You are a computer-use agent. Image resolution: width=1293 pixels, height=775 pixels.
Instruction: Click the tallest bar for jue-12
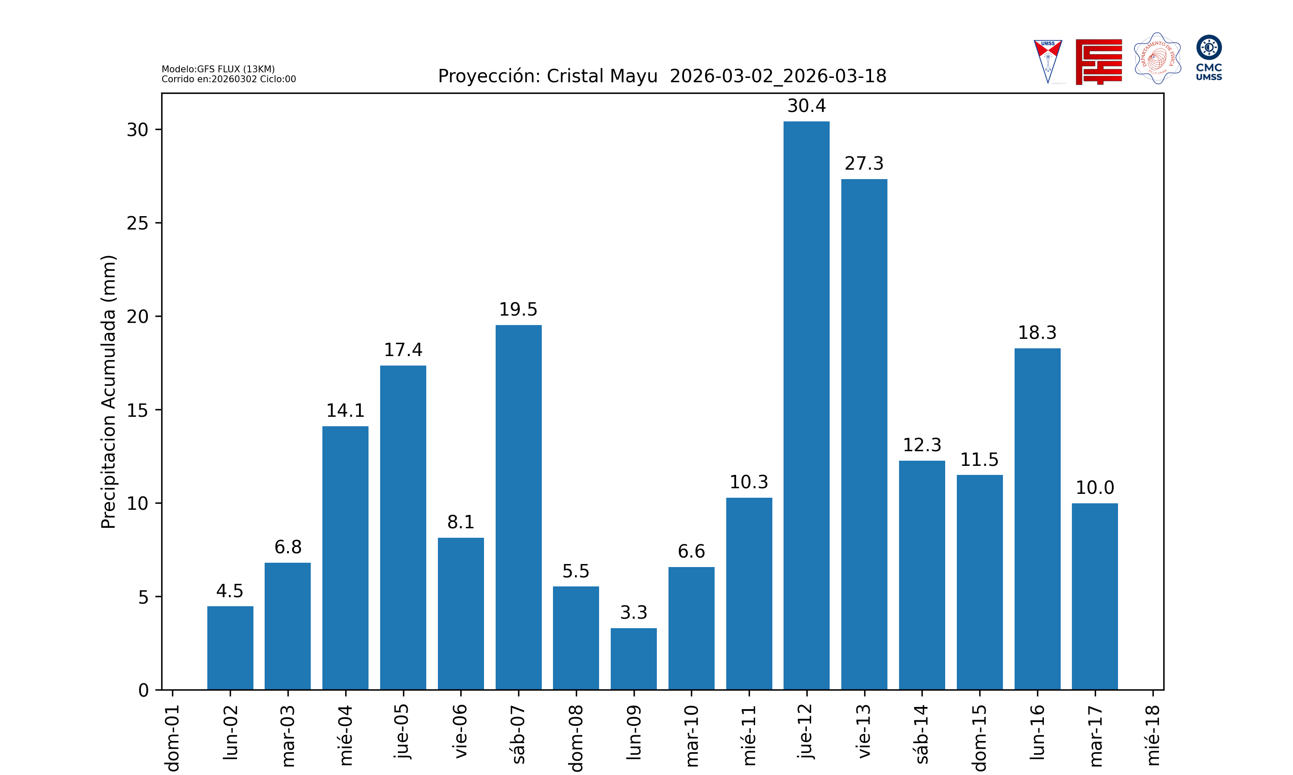[806, 405]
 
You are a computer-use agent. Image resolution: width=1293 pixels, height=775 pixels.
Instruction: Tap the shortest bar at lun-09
[634, 659]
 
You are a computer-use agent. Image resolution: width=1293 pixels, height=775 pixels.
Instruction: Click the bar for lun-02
[230, 648]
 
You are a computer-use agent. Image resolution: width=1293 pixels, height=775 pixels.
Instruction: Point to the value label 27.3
[864, 164]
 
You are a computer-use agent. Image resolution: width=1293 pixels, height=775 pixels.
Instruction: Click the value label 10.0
[1094, 488]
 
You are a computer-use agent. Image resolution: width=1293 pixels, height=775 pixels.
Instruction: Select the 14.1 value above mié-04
[345, 410]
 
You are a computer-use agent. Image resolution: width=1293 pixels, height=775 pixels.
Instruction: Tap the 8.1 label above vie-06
[460, 522]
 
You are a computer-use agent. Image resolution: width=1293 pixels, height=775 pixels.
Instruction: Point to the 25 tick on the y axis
[137, 223]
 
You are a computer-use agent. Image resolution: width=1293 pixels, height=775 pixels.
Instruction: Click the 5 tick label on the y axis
[143, 597]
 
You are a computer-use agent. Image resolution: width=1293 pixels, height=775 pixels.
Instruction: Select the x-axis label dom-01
[172, 738]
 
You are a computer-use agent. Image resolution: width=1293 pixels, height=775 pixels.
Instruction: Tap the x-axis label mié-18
[1152, 735]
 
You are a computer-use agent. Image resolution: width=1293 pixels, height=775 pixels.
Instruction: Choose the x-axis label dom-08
[576, 738]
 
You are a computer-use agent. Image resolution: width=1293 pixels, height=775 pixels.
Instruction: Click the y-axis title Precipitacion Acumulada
[108, 392]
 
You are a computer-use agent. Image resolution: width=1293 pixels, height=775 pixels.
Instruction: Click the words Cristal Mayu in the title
[602, 76]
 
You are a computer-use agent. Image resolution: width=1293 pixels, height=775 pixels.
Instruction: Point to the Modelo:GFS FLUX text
[218, 69]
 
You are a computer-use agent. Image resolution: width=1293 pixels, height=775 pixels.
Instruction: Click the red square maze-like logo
[1099, 62]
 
